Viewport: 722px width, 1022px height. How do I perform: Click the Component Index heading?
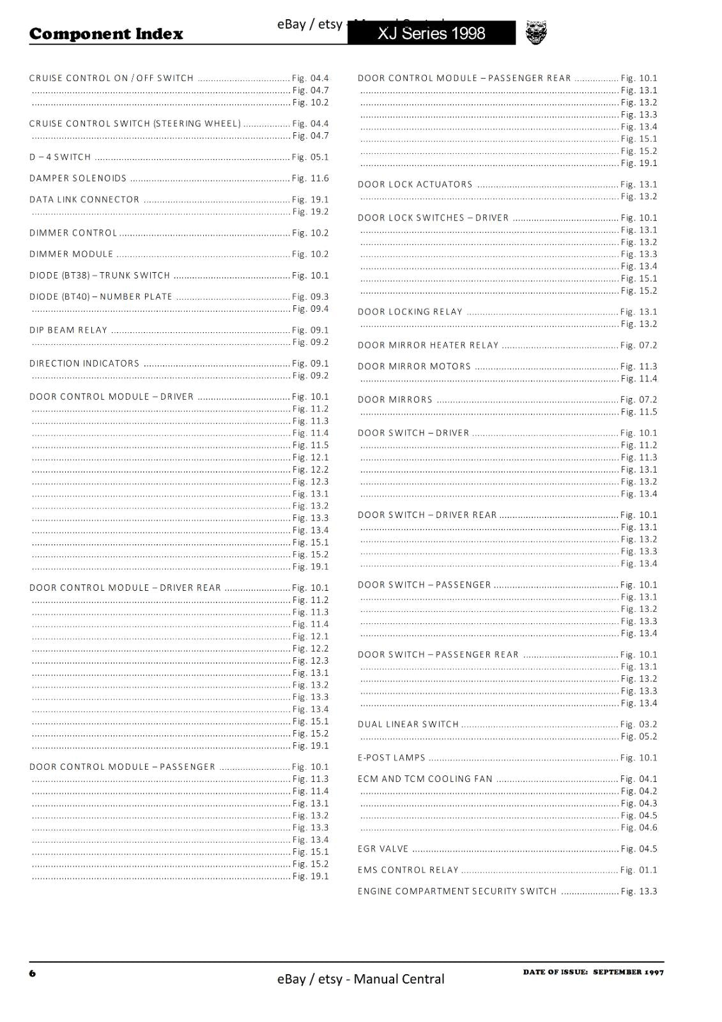[x=106, y=34]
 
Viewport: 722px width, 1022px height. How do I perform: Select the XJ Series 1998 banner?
[x=431, y=33]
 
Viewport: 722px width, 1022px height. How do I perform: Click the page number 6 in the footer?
[x=33, y=973]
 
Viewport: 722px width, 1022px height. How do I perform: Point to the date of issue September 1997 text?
[x=593, y=972]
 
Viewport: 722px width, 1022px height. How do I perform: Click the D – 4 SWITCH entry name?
[x=60, y=157]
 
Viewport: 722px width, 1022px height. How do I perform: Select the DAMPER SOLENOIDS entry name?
[x=78, y=178]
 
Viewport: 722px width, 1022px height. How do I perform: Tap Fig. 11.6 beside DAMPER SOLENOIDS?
[x=311, y=178]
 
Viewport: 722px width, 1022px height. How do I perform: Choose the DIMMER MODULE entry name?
[x=71, y=254]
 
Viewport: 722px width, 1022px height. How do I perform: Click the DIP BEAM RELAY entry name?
[x=68, y=330]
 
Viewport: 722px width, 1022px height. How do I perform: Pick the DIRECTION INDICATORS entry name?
[x=84, y=363]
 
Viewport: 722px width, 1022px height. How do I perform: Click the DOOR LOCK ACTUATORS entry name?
[x=415, y=185]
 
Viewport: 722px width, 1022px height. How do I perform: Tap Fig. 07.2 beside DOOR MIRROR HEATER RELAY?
[x=639, y=346]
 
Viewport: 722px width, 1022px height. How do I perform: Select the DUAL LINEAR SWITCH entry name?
[x=408, y=724]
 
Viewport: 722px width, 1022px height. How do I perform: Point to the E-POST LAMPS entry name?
[x=392, y=758]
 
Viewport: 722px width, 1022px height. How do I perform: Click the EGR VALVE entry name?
[x=383, y=849]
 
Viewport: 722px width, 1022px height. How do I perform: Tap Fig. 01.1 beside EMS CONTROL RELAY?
[x=639, y=870]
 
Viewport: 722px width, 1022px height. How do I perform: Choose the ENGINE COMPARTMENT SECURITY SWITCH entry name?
[x=457, y=891]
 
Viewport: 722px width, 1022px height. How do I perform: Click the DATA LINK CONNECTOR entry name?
[x=84, y=199]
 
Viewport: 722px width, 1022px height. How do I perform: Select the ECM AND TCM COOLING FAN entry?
[x=425, y=779]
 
